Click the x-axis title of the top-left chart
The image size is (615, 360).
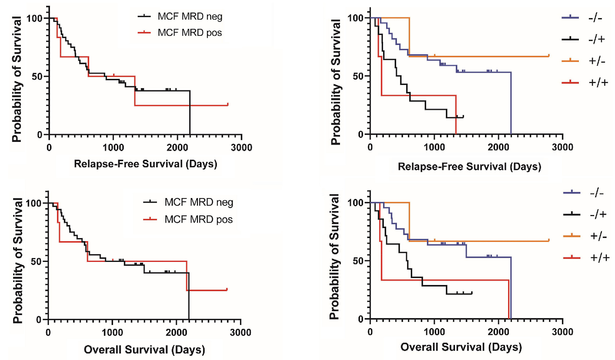(x=145, y=164)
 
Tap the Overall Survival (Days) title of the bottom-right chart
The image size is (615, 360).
(x=461, y=347)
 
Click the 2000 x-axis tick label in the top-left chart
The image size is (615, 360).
(x=177, y=148)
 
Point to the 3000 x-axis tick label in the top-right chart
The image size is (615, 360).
(x=562, y=147)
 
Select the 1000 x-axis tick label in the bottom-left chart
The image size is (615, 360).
(x=112, y=333)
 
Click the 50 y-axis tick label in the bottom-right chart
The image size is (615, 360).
(x=358, y=261)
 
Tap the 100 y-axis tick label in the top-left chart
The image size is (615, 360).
(x=34, y=18)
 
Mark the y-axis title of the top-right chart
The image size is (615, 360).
(x=335, y=82)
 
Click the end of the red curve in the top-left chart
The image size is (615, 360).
(x=228, y=104)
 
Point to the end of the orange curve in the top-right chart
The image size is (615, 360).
(x=549, y=56)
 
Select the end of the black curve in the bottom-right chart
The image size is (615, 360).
(x=472, y=293)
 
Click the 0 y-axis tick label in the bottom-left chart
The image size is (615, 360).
(x=39, y=320)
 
